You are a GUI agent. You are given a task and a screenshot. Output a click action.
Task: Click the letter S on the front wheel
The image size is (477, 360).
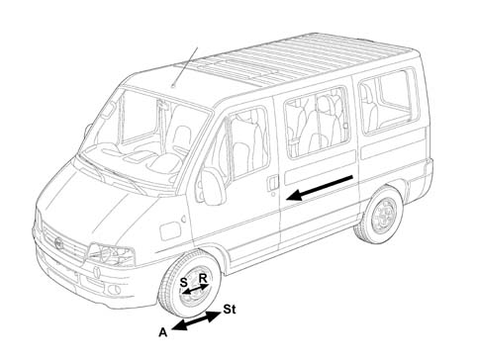pos(184,283)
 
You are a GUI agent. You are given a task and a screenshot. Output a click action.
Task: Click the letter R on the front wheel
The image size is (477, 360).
pos(203,279)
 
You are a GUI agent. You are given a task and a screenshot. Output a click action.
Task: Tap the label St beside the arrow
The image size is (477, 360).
pos(230,310)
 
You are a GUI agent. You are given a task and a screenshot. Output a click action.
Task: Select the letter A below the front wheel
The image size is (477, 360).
pos(163,332)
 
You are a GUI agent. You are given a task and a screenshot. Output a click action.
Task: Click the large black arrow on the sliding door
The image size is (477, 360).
pos(320,188)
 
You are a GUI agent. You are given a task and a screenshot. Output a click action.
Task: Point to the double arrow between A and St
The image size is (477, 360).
pos(196,320)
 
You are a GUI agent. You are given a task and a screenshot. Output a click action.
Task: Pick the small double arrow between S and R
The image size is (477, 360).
pos(196,289)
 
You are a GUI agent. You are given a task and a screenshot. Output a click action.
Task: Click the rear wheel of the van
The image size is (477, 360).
pos(379,215)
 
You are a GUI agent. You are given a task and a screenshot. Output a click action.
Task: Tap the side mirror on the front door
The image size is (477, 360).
pos(213,186)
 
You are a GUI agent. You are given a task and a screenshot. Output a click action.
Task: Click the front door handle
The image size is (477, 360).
pos(272,182)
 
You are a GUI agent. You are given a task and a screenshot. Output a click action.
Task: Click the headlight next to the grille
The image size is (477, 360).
pos(111,254)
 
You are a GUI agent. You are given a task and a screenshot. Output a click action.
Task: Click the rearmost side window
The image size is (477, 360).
pos(388,102)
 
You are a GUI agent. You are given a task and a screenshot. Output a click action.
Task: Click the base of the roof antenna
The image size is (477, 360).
pos(173,87)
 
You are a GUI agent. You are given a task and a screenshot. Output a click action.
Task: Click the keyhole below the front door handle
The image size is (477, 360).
pos(273,195)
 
